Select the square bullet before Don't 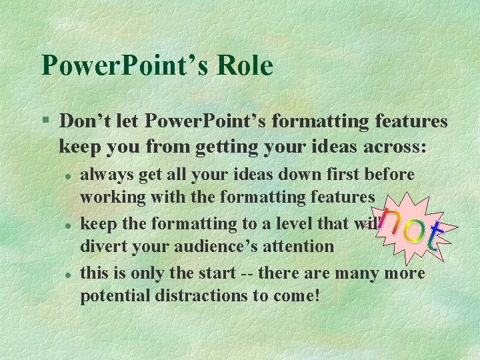pos(45,121)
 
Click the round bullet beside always pos(68,174)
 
